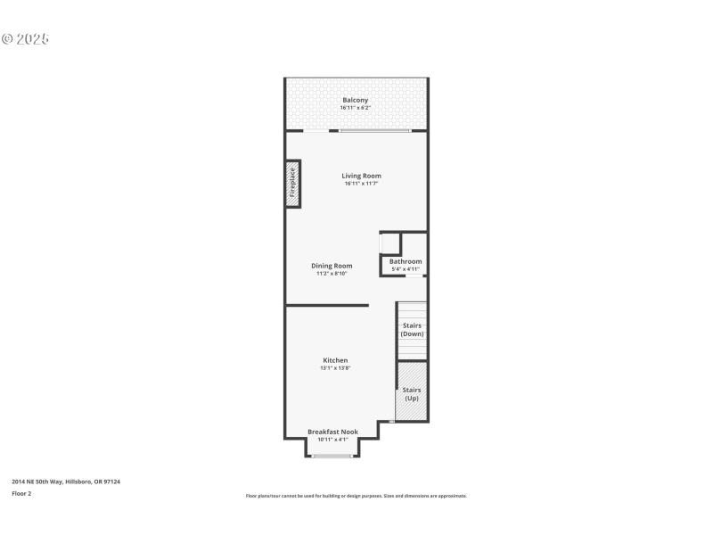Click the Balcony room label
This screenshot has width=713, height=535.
(356, 100)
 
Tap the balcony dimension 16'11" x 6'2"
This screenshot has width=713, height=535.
(356, 108)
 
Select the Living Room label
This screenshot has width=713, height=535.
(361, 176)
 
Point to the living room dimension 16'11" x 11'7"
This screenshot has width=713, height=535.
(361, 184)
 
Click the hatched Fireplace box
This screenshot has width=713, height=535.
(292, 185)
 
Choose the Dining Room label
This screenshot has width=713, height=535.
(332, 266)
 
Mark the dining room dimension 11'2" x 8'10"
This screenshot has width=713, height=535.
(332, 274)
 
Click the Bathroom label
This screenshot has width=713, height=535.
(406, 261)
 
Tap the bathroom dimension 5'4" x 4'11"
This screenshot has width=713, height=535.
(406, 269)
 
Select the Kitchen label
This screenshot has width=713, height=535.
(335, 360)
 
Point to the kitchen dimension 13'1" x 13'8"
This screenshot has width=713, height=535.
(335, 367)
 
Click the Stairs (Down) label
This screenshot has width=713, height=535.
(412, 329)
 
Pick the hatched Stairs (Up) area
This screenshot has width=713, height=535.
(412, 393)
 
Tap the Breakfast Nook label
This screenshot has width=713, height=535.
(332, 432)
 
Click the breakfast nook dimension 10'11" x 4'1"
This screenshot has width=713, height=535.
(332, 440)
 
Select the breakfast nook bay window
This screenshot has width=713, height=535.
(332, 457)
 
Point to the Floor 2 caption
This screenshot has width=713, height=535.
(21, 493)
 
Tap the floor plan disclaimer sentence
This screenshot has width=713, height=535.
(356, 496)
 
